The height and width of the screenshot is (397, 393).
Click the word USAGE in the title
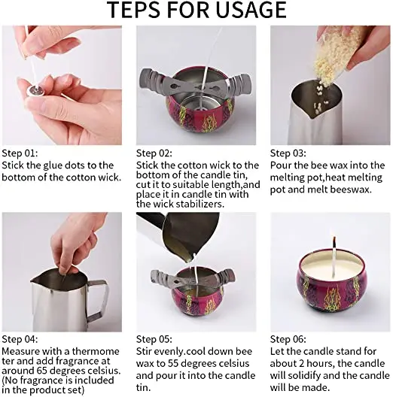click(x=251, y=10)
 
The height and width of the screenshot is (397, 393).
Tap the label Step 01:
click(x=20, y=153)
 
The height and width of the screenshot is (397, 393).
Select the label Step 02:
click(x=154, y=153)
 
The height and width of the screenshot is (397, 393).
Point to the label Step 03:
click(x=288, y=153)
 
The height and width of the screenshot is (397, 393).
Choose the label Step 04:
click(x=20, y=339)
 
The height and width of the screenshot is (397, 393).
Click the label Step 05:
click(x=154, y=339)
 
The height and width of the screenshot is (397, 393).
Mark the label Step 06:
click(x=288, y=339)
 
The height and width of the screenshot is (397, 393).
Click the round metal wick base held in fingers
click(x=35, y=90)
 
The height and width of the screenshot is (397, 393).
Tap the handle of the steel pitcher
click(x=99, y=299)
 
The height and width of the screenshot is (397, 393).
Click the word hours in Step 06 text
click(x=320, y=363)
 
